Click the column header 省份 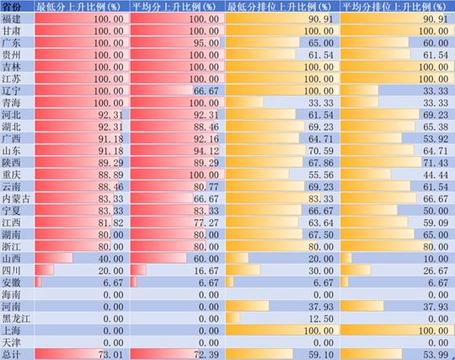coord(11,7)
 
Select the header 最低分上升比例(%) coord(78,7)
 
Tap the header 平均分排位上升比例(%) coord(393,7)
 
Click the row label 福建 coord(11,19)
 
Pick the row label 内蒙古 coord(16,199)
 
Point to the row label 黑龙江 coord(16,319)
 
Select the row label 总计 coord(11,354)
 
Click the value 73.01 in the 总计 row coord(110,354)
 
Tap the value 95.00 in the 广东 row coord(206,43)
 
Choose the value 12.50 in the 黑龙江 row coord(321,319)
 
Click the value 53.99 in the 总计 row coord(436,354)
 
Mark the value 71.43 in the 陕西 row coord(436,163)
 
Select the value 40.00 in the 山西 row coord(110,259)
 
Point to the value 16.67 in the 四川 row coord(206,271)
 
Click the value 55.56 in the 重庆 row coord(321,175)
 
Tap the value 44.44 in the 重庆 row coord(436,175)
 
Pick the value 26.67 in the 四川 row coord(436,271)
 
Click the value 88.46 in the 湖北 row coord(206,126)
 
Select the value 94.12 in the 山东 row coord(206,151)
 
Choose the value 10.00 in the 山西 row coord(436,259)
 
